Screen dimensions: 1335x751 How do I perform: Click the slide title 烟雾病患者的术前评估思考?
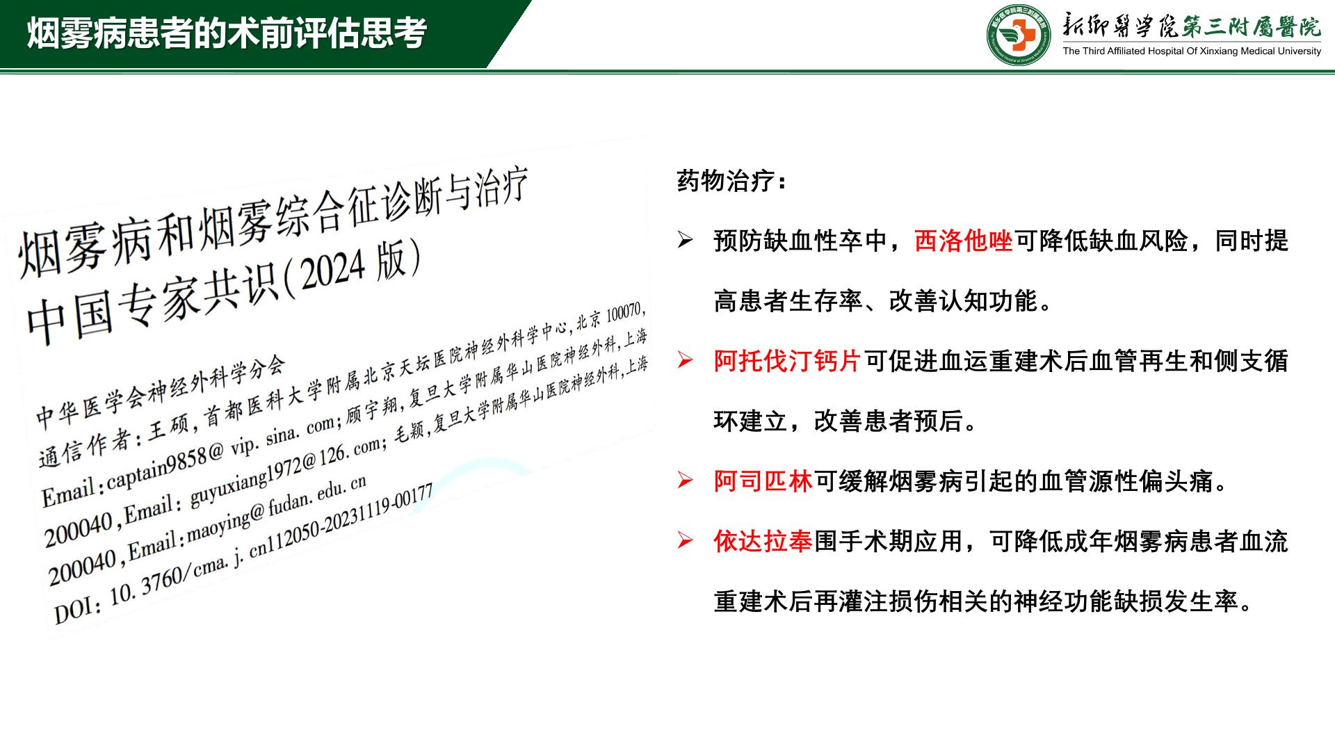[227, 33]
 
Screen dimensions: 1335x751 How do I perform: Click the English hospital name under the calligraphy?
[1192, 51]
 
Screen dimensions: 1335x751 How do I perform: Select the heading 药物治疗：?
[733, 181]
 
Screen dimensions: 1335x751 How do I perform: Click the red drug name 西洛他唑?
[964, 241]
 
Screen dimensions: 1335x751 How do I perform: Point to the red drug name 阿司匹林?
[763, 481]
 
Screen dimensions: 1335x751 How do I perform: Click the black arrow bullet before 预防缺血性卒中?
[686, 241]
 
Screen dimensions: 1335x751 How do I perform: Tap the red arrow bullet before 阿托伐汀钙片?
[686, 362]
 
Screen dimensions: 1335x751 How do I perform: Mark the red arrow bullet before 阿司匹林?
[686, 481]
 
